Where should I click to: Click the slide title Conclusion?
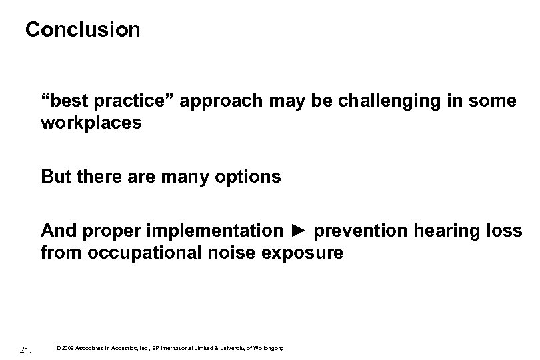83,30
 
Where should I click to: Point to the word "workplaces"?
91,123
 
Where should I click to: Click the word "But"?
55,177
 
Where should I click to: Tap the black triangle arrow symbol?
299,231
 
